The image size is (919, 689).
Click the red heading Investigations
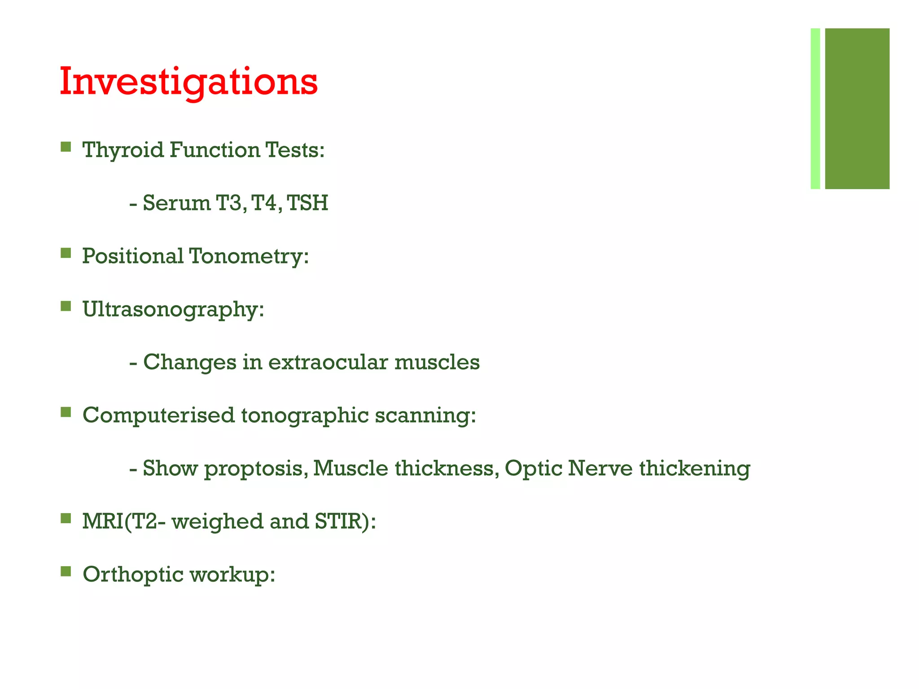[188, 82]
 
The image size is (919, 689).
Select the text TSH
[308, 203]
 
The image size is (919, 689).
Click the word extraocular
[328, 362]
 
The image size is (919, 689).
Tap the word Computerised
[158, 415]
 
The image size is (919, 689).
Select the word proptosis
[256, 468]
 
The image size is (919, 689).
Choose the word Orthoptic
[133, 575]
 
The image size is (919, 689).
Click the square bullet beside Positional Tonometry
[66, 253]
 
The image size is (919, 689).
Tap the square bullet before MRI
[66, 519]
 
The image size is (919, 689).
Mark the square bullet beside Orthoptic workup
[66, 571]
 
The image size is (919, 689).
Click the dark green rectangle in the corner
[857, 109]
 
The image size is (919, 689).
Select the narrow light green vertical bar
[815, 109]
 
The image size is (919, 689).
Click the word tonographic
[305, 415]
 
